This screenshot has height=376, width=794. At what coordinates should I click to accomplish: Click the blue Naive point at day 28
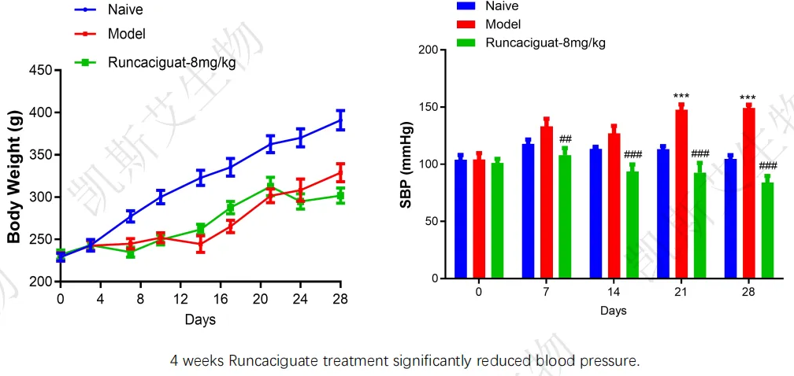click(340, 120)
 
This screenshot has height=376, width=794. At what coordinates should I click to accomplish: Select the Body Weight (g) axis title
click(13, 177)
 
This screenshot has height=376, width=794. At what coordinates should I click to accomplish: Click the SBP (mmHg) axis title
click(406, 164)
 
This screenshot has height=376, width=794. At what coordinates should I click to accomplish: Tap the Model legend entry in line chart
click(126, 34)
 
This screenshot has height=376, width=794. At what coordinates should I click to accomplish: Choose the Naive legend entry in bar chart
click(502, 6)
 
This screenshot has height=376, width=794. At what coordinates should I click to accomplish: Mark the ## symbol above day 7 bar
click(565, 139)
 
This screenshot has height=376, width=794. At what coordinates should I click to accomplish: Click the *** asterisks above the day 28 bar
click(748, 98)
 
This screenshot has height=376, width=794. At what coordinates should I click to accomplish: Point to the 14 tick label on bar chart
click(613, 292)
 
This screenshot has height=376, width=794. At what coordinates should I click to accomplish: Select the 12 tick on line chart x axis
click(180, 299)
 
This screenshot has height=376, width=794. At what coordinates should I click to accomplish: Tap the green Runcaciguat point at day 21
click(270, 186)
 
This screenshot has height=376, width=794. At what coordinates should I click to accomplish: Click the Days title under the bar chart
click(613, 311)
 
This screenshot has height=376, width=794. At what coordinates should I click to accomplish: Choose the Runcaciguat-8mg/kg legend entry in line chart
click(174, 61)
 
